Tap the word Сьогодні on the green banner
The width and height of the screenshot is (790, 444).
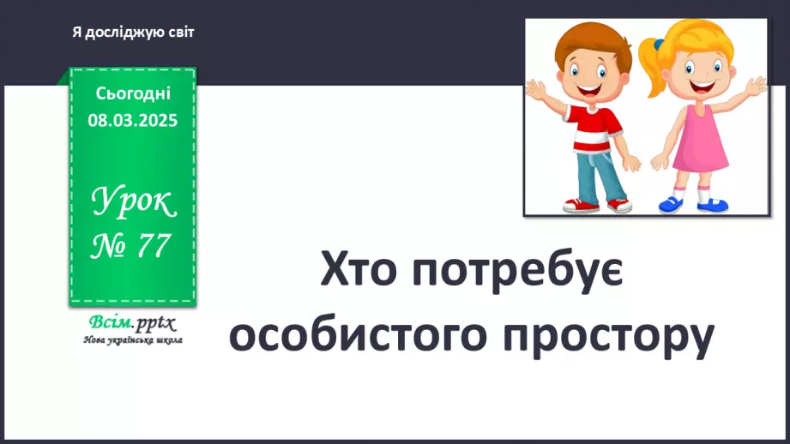pyautogui.click(x=133, y=93)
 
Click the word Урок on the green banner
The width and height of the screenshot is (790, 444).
pyautogui.click(x=133, y=204)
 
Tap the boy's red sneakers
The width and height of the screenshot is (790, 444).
pyautogui.click(x=600, y=206)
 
